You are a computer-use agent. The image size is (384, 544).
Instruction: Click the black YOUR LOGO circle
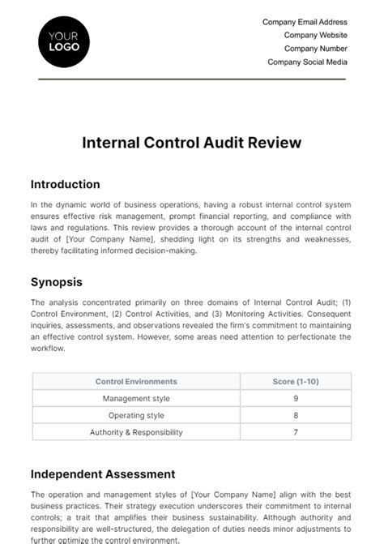(x=64, y=41)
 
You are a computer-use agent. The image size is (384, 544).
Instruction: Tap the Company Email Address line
(x=305, y=22)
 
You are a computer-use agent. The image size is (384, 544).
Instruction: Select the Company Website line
(x=315, y=35)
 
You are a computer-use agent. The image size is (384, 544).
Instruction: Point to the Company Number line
(x=314, y=48)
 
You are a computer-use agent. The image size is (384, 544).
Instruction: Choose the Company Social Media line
(x=307, y=61)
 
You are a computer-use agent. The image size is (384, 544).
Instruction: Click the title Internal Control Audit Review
(x=191, y=143)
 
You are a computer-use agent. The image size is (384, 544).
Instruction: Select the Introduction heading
(x=65, y=184)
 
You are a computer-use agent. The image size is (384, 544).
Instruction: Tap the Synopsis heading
(x=57, y=282)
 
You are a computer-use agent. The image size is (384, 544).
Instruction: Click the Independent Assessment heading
(x=102, y=473)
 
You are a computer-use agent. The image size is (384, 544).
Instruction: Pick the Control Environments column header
(x=136, y=381)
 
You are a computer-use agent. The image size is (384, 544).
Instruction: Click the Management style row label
(x=136, y=398)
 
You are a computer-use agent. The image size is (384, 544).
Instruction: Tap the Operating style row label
(x=136, y=415)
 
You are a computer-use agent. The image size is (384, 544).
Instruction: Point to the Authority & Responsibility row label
(x=136, y=432)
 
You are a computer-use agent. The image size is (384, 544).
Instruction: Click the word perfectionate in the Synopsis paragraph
(x=309, y=336)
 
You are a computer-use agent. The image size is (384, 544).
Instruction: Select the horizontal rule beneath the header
(x=191, y=79)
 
